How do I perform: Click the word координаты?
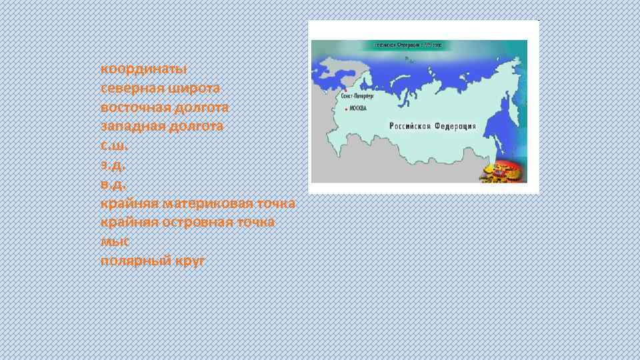pos(143,69)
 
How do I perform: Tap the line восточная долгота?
pos(165,107)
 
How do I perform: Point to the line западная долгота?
pos(162,126)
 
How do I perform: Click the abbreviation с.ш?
pos(114,145)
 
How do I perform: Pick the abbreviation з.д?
pos(113,165)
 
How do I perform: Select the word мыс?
pos(114,241)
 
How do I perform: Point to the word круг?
pos(190,260)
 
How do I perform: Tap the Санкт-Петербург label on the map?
pos(357,96)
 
